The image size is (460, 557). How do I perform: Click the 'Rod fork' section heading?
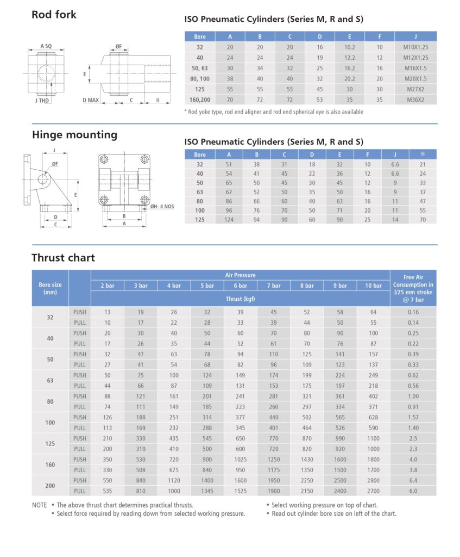click(x=54, y=15)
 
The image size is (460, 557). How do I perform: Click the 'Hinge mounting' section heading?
click(x=74, y=135)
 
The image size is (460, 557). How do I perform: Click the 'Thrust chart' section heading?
click(x=63, y=257)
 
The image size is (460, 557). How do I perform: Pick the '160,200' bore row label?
click(x=200, y=100)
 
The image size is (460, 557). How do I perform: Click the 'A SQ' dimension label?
click(x=46, y=47)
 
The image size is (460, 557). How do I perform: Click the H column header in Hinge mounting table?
click(x=422, y=154)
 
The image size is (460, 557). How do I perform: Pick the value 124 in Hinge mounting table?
click(x=229, y=219)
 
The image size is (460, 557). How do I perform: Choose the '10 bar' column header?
click(x=373, y=286)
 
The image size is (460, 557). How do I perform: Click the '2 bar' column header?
click(x=107, y=286)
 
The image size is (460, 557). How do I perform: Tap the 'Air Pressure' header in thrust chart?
click(x=240, y=275)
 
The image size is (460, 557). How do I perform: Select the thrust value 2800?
click(x=373, y=480)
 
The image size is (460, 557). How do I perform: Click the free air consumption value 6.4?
click(x=413, y=480)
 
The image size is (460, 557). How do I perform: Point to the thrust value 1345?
click(x=207, y=491)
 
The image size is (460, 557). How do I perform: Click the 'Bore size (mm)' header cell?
click(x=50, y=288)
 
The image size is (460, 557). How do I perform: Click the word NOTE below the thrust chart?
click(x=40, y=505)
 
